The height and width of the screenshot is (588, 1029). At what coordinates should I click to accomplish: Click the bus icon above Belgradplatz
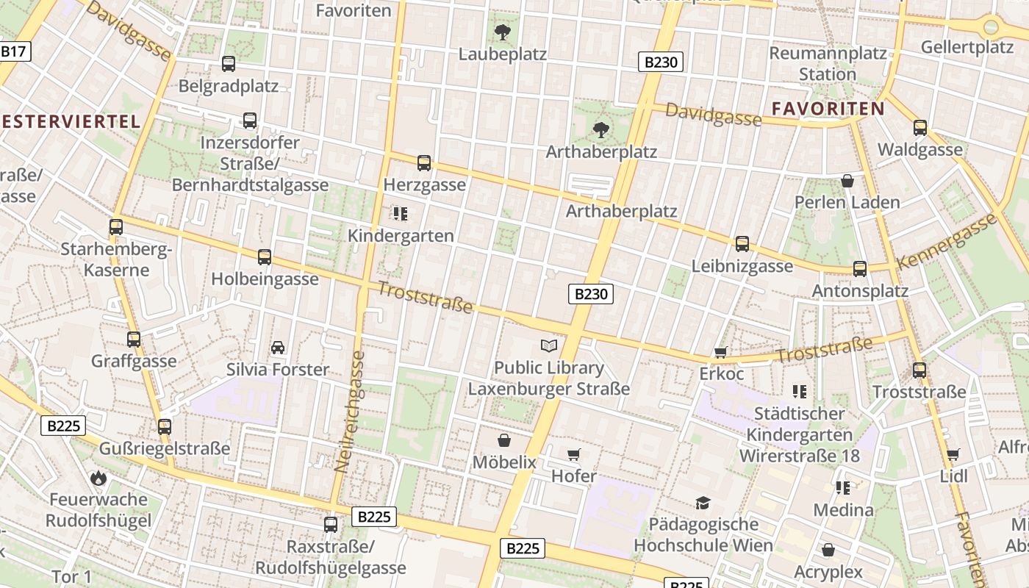(x=229, y=64)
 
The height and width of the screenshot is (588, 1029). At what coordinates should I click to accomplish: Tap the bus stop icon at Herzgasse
(x=424, y=163)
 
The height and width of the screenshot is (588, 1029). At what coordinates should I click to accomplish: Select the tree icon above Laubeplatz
(x=503, y=32)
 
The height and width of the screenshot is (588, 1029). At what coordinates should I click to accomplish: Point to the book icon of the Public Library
(x=549, y=345)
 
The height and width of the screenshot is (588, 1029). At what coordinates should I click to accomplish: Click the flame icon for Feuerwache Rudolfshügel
(x=98, y=478)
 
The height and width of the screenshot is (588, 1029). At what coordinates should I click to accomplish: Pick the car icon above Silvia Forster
(x=278, y=348)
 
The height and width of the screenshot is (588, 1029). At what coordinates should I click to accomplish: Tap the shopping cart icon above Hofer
(x=574, y=455)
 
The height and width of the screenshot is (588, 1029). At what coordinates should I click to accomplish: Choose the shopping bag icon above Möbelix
(x=504, y=440)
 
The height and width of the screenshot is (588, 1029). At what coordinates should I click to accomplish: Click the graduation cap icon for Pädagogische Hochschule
(x=703, y=503)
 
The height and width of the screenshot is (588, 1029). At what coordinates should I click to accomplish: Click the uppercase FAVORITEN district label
(x=828, y=109)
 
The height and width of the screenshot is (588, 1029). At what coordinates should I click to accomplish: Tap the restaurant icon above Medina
(x=842, y=487)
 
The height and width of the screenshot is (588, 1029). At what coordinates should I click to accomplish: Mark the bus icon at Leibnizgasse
(x=742, y=244)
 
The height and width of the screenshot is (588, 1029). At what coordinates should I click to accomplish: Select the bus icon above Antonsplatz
(x=860, y=269)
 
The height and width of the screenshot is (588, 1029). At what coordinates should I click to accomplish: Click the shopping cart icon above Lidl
(x=953, y=455)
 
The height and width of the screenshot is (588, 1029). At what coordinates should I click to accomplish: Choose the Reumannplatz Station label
(x=828, y=64)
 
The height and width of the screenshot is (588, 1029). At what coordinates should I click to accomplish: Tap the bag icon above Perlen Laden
(x=847, y=181)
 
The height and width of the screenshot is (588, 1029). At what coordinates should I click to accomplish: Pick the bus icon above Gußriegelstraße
(x=165, y=426)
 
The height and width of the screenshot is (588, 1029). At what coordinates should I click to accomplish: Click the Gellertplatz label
(x=967, y=48)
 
